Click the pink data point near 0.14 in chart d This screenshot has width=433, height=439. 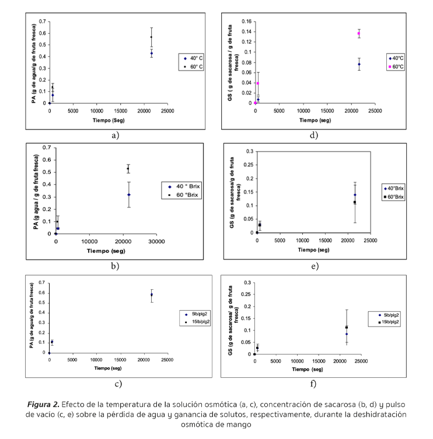point(359,34)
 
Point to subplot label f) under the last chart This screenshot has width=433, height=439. point(313,383)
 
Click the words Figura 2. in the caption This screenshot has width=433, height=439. point(44,404)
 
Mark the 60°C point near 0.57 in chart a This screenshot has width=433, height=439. point(151,37)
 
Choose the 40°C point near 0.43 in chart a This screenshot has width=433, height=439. point(151,54)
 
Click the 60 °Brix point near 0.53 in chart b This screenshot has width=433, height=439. point(128,168)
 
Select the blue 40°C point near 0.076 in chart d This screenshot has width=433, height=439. point(359,64)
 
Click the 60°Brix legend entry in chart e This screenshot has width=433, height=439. point(400,197)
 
